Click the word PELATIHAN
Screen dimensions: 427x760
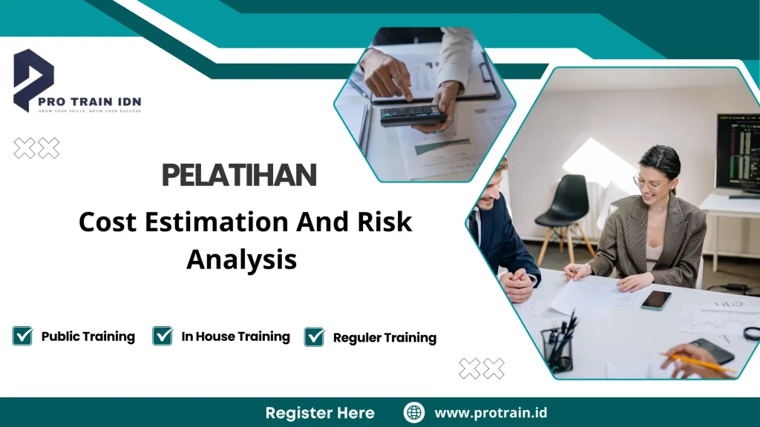point(239,175)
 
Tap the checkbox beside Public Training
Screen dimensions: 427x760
point(22,336)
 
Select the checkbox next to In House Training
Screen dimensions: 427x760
point(163,336)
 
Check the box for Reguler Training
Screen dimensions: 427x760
point(315,337)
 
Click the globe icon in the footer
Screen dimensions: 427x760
point(413,412)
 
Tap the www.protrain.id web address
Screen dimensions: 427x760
point(491,412)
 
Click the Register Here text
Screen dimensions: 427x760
point(320,413)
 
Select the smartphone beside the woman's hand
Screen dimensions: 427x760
point(656,299)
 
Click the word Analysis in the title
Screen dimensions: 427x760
point(241,259)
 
